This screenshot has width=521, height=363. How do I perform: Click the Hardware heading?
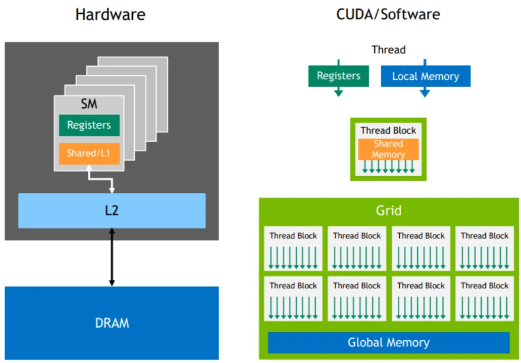[x=110, y=14]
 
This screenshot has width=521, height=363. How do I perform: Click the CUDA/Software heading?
[x=388, y=14]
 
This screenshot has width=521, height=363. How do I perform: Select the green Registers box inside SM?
[x=89, y=125]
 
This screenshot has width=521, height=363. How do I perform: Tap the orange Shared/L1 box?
[x=89, y=153]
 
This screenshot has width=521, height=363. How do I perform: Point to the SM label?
[x=89, y=105]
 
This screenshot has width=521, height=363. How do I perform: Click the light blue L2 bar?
[x=112, y=211]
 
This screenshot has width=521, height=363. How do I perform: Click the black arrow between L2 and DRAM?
[x=112, y=257]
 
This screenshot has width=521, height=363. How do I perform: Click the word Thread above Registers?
[x=388, y=49]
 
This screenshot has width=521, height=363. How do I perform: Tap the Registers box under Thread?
[x=338, y=76]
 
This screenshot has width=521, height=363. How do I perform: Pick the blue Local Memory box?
[x=426, y=77]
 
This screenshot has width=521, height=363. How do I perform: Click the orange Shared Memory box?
[x=388, y=149]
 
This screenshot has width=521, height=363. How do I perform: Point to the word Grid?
[x=389, y=210]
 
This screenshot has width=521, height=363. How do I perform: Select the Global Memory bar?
[x=388, y=343]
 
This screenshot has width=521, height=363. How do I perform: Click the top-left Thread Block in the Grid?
[x=293, y=248]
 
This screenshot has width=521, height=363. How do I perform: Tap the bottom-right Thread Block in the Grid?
[x=484, y=298]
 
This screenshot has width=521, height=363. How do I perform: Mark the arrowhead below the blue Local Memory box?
[x=425, y=93]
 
